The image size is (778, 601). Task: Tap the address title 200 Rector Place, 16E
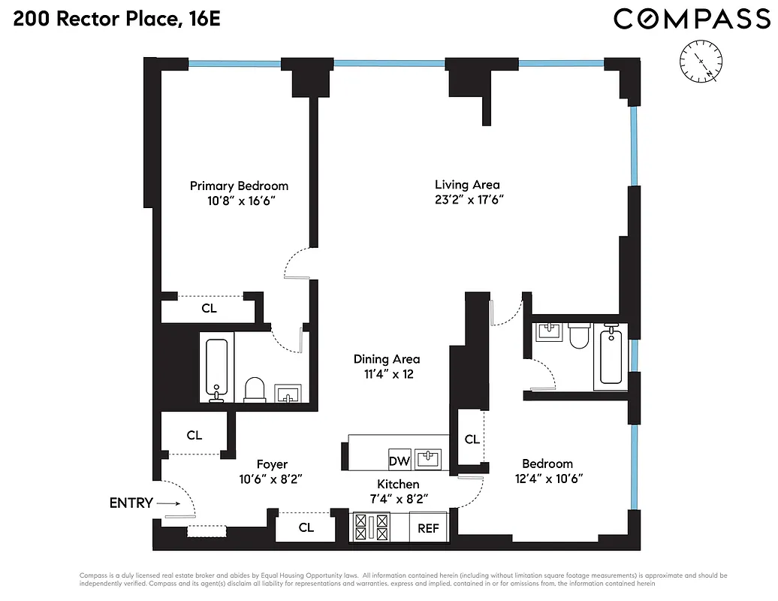pos(116,20)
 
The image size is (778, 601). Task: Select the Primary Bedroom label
pos(239,186)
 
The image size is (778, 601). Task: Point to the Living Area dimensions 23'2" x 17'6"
pos(468,200)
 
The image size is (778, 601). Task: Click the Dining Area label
pos(387,359)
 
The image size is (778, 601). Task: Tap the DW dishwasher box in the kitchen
pos(398,460)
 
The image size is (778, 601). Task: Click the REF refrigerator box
pos(428,528)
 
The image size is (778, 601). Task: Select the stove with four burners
pos(371,527)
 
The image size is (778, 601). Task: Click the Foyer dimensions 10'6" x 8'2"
pos(271,479)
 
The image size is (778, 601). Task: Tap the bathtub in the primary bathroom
pos(217,369)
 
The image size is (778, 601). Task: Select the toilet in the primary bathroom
pos(255,389)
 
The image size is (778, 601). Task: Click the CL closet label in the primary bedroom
pos(210,308)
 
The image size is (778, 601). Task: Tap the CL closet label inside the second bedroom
pos(472,439)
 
